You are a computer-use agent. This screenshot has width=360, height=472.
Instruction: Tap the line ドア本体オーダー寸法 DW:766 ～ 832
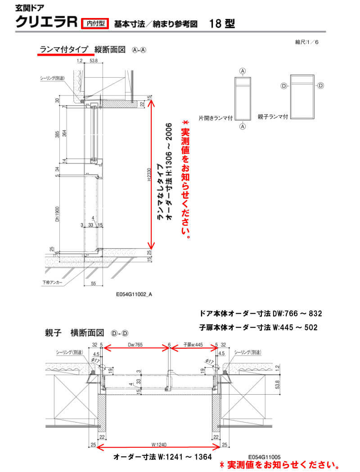pos(261,313)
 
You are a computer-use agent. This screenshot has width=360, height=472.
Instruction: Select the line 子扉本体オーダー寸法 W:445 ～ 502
pos(258,328)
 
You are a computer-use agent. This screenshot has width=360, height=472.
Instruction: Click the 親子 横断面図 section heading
pos(74,333)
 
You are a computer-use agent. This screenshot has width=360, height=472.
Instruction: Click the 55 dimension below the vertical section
pos(94,284)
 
